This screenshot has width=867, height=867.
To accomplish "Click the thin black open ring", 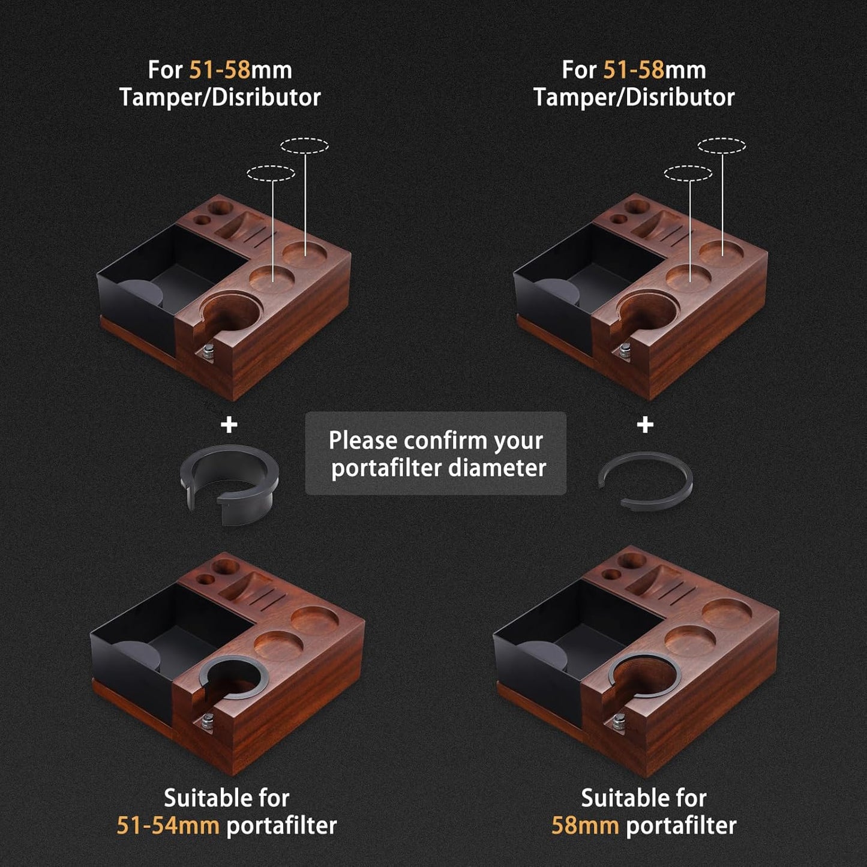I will point(646,480).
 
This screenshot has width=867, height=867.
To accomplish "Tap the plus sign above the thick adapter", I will point(229,425).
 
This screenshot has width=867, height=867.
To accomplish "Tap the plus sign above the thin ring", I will point(645,425).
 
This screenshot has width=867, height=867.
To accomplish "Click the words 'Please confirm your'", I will point(436,440).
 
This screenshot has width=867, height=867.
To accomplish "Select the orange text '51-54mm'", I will point(167,826).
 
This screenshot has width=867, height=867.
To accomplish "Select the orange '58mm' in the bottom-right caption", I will point(584,826).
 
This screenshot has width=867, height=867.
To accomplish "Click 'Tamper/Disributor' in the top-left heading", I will point(220,97).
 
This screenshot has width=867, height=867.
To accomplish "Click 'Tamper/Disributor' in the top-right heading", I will point(634,97).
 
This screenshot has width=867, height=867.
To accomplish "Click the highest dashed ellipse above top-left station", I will point(305,145).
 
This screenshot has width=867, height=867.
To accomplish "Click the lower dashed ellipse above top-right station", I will point(688,173).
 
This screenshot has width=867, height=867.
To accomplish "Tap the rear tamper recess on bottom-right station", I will point(726,613).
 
